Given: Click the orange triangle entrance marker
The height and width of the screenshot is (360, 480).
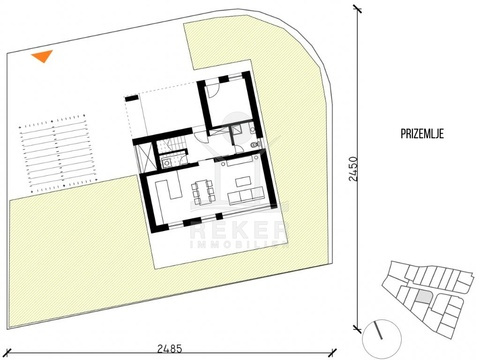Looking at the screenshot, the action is click(x=43, y=56).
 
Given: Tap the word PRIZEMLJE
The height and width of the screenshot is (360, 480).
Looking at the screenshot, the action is click(x=422, y=134).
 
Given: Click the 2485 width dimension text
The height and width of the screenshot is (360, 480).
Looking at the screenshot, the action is click(x=170, y=349).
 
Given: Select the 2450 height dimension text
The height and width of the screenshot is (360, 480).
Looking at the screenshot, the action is click(x=353, y=169).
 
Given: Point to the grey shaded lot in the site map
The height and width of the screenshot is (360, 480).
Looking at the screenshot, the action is click(x=424, y=296).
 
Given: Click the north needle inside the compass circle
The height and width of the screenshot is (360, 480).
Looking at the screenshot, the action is click(x=378, y=331).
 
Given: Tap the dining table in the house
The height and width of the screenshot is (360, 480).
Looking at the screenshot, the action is click(x=202, y=192).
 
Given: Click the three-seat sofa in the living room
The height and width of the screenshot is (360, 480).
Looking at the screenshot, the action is click(x=246, y=196).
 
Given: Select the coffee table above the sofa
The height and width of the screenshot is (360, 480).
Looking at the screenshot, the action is click(x=243, y=182).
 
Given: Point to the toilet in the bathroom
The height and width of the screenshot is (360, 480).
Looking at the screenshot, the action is click(x=255, y=145).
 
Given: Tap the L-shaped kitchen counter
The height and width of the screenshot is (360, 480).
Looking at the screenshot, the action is click(x=168, y=189).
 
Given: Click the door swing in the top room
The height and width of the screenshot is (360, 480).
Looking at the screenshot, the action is click(x=212, y=89).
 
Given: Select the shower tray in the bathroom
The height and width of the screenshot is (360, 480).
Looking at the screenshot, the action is click(x=237, y=129).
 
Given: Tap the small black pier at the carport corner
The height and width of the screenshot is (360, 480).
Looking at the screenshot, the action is click(x=131, y=98).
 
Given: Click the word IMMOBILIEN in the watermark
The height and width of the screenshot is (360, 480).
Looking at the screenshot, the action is click(x=238, y=245).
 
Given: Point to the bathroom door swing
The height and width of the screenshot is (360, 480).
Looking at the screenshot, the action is click(x=239, y=149).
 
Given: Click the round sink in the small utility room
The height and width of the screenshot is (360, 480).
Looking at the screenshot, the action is click(x=166, y=163).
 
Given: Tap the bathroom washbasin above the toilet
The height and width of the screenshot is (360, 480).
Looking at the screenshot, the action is click(x=252, y=128).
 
